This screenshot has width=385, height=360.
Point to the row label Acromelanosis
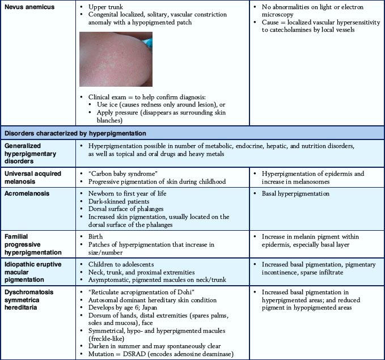coord(27,194)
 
